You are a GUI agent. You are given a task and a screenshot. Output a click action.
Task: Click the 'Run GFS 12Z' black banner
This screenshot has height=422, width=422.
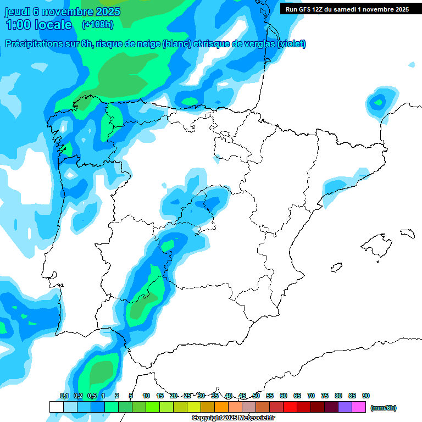point(347,9)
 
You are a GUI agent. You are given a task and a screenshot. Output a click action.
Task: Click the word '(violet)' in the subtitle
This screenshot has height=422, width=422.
point(292,44)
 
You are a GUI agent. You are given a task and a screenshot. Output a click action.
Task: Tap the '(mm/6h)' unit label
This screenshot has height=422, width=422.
point(384,408)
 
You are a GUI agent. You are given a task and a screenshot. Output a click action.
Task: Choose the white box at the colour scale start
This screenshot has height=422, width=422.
point(56,407)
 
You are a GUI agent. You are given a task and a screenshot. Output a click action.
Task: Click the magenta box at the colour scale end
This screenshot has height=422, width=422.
point(359,407)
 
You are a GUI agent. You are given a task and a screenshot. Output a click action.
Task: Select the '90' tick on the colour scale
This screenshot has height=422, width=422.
point(366,396)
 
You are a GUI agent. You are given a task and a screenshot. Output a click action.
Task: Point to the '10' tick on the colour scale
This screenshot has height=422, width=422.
point(146,396)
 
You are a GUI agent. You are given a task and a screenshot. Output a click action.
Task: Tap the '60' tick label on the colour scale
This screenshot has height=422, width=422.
point(284,396)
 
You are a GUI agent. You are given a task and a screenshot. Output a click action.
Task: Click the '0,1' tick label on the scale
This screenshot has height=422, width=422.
point(64,396)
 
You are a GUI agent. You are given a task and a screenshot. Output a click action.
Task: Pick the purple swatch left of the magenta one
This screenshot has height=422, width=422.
point(345,407)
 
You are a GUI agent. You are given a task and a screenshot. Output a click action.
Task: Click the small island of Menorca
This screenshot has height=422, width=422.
point(407,233)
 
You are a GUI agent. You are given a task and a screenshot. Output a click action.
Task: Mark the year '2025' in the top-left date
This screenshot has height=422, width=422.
point(108,12)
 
